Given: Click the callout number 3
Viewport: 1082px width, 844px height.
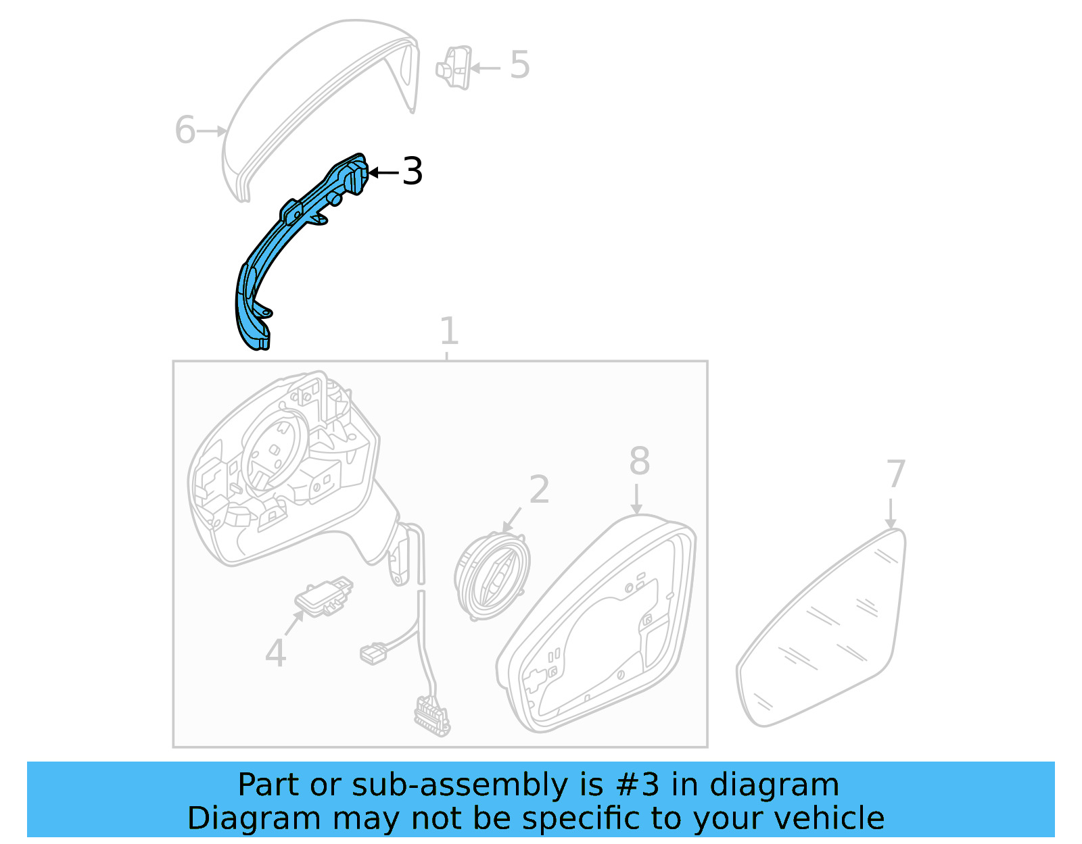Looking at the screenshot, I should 412,172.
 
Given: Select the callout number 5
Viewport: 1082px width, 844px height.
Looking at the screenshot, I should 519,66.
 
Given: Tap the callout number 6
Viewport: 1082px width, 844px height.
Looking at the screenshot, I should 185,130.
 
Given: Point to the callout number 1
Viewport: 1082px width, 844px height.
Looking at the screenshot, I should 449,331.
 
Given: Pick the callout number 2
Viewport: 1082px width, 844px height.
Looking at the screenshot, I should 539,490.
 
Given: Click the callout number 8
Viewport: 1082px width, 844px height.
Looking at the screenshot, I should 639,462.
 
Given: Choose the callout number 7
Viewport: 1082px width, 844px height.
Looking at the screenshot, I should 895,474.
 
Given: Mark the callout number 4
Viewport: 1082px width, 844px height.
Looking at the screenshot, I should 275,653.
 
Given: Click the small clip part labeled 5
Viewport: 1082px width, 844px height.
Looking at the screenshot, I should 455,68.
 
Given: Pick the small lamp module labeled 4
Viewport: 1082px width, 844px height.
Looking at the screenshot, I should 323,596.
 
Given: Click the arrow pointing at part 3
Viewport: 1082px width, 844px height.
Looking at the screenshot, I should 383,173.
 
